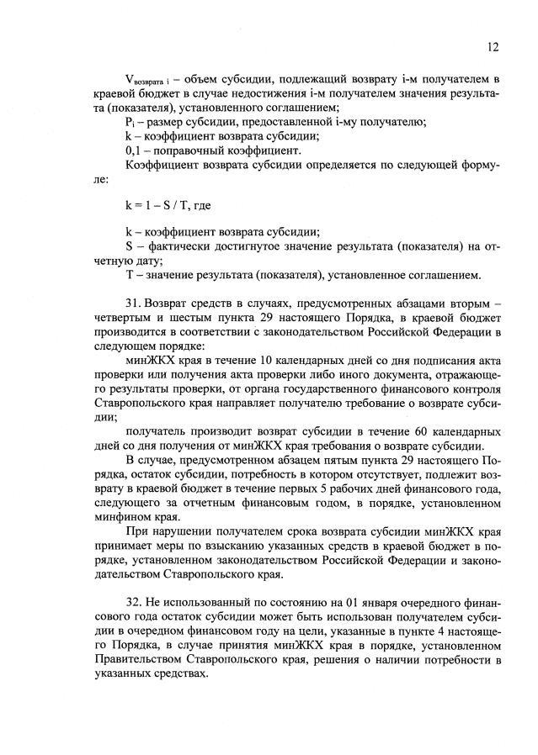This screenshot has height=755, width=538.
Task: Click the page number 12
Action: (493, 47)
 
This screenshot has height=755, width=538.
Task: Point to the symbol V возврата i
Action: (141, 79)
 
